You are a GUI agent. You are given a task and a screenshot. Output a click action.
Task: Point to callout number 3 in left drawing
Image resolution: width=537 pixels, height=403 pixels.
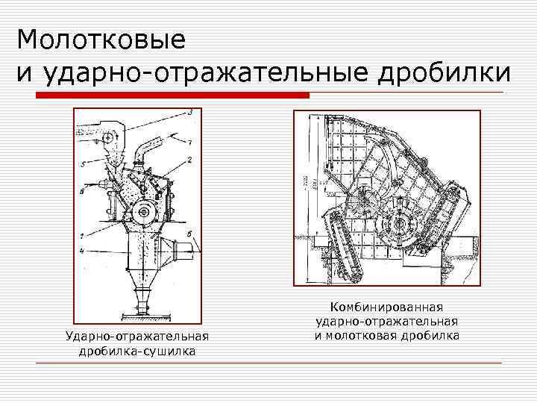[190, 112]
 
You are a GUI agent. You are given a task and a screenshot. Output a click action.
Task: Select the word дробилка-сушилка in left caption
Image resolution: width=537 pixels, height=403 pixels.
[138, 351]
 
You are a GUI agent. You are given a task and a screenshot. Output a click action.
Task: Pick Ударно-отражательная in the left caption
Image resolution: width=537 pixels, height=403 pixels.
[138, 337]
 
